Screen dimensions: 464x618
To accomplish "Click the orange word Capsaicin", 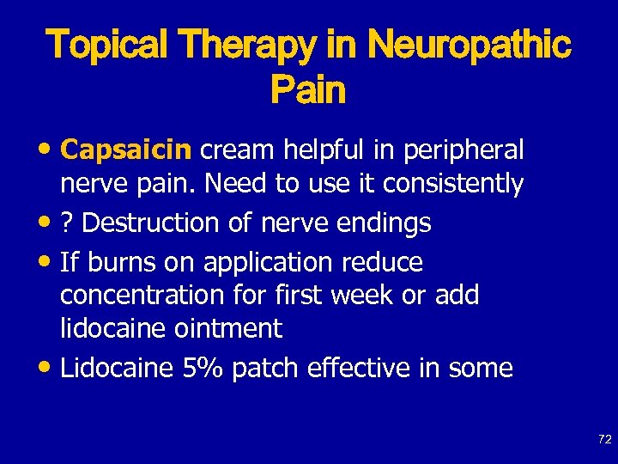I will (127, 150).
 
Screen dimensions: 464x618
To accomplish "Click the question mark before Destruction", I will (67, 223).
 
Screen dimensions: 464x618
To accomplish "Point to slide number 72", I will (604, 439).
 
